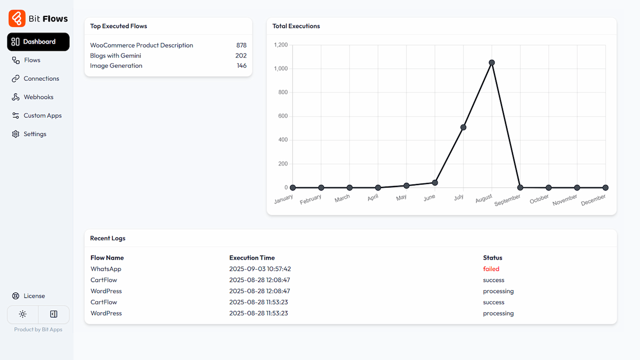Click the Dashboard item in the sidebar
(x=38, y=42)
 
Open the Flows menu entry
(x=32, y=60)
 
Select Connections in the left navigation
(x=41, y=78)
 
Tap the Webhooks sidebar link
(x=38, y=97)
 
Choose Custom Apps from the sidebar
(x=42, y=115)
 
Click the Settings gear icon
(x=15, y=134)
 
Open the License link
(x=34, y=296)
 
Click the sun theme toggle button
(x=22, y=314)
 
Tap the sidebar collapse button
(x=53, y=314)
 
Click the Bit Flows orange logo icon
(x=16, y=18)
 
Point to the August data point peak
(x=491, y=62)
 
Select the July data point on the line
(x=463, y=127)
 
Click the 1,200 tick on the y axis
(x=281, y=45)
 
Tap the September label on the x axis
(x=507, y=200)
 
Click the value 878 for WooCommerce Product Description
(x=241, y=45)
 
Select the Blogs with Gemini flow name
(x=115, y=55)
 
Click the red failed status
(x=491, y=269)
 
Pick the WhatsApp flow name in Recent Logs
(x=105, y=269)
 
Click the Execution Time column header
(x=252, y=258)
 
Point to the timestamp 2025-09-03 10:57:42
(x=260, y=269)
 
